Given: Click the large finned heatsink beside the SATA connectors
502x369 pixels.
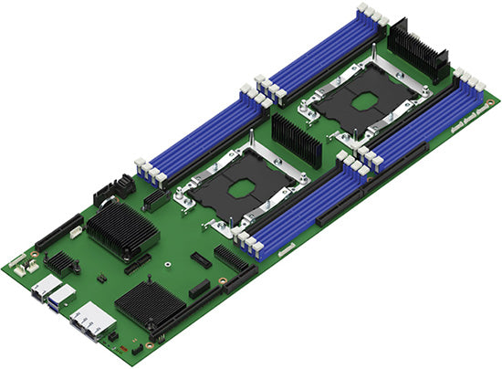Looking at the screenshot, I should pyautogui.click(x=120, y=227).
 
